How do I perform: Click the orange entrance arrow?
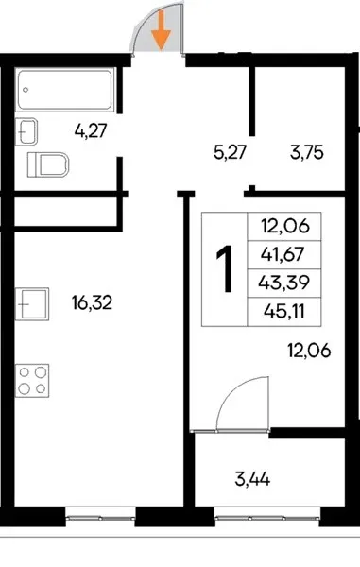click(x=161, y=30)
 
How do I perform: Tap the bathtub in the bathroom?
click(x=65, y=90)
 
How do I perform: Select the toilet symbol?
click(x=48, y=164)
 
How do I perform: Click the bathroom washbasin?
click(x=26, y=131)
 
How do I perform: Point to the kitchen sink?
click(x=32, y=303)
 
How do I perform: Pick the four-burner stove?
click(x=32, y=381)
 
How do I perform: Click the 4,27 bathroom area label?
click(x=91, y=130)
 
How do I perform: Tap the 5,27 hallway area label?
click(x=230, y=152)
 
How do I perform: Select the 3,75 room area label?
click(x=306, y=152)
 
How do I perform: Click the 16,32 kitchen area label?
click(x=93, y=302)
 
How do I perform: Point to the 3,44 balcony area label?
click(x=252, y=480)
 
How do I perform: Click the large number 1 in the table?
click(x=225, y=268)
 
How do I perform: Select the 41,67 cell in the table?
click(x=284, y=254)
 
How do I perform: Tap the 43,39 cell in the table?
click(x=284, y=283)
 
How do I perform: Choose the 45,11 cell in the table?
click(x=284, y=311)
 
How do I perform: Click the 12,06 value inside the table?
click(x=285, y=227)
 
